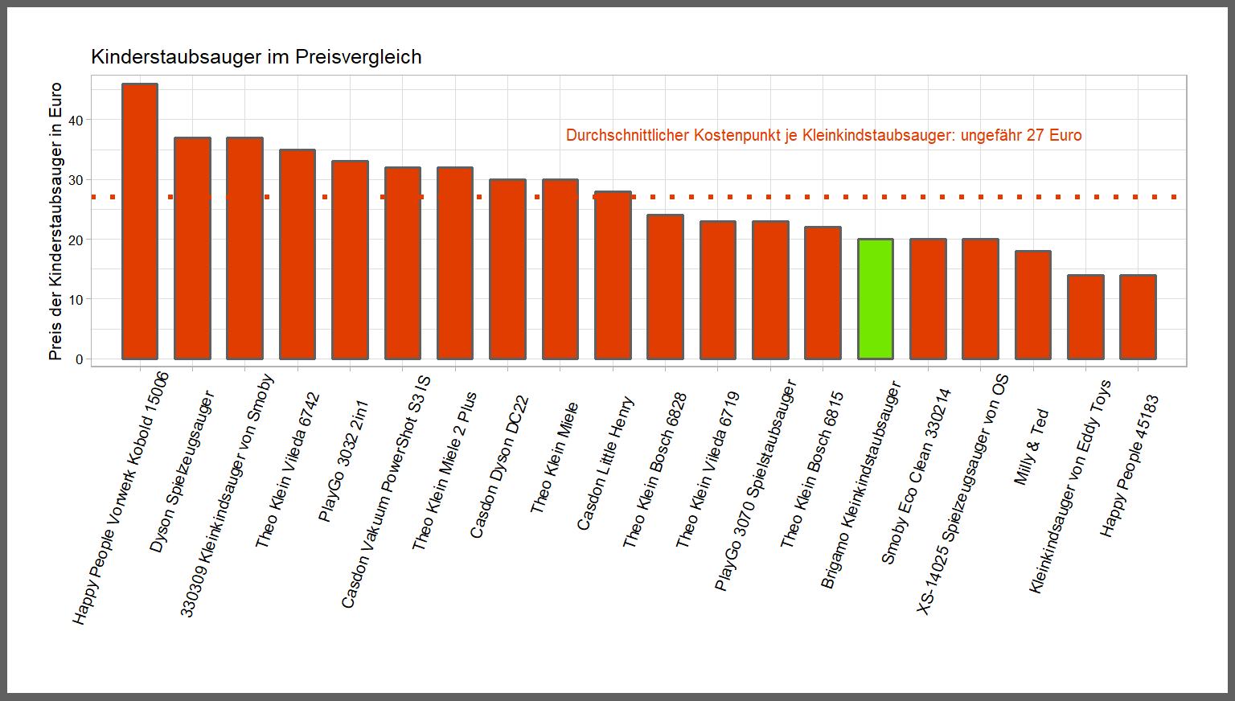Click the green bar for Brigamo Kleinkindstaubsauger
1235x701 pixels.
(x=876, y=299)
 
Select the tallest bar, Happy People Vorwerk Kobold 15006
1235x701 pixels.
(x=140, y=221)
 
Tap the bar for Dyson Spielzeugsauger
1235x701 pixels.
(x=192, y=248)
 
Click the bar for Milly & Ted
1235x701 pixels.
(x=1033, y=305)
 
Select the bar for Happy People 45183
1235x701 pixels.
(x=1138, y=317)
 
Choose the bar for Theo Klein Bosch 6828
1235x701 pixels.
(x=665, y=287)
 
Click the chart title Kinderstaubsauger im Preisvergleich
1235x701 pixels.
(x=256, y=57)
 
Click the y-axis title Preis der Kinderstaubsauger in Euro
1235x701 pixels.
(x=55, y=221)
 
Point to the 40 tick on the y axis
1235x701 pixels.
(x=76, y=121)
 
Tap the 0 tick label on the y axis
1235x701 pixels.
(x=80, y=359)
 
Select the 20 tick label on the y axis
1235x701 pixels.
(x=76, y=240)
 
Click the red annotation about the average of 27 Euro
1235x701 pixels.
(x=823, y=135)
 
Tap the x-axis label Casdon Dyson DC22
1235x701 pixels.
(x=499, y=467)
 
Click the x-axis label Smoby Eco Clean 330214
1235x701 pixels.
(x=916, y=477)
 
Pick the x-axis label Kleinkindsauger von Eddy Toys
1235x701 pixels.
(x=1069, y=487)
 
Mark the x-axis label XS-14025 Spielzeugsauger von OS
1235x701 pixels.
(x=962, y=495)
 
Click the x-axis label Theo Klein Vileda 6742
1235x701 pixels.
(x=288, y=471)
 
